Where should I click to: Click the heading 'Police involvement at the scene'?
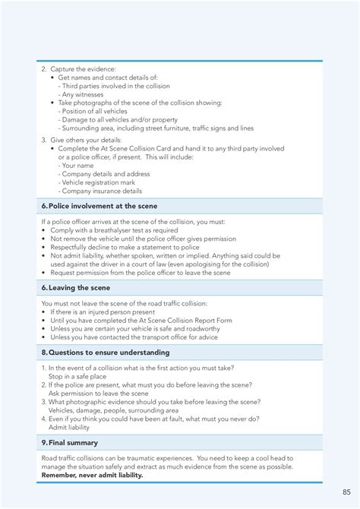[103, 206]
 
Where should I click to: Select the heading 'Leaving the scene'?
[79, 288]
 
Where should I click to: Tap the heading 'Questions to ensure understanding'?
[109, 353]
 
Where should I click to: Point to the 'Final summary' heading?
[73, 442]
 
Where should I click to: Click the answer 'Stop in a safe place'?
[77, 376]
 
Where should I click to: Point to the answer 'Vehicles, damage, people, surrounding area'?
[114, 410]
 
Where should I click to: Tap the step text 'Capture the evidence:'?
[82, 69]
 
